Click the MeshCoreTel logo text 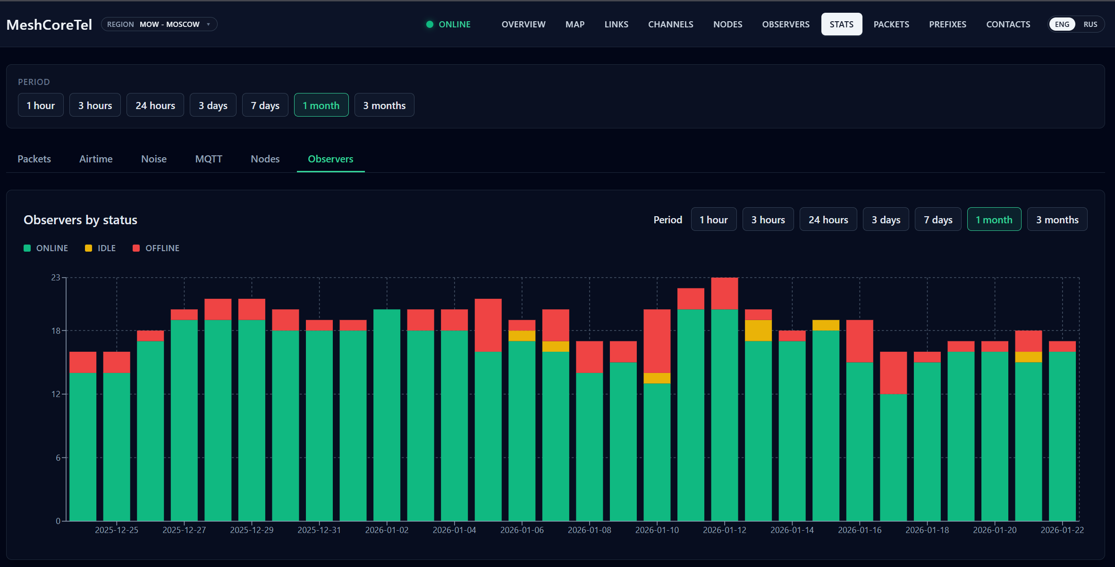(x=49, y=25)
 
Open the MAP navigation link (x=574, y=25)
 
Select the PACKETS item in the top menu (x=891, y=25)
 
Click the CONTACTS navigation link (x=1008, y=25)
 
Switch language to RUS (x=1090, y=25)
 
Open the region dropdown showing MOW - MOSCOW (x=159, y=25)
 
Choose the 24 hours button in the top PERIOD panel (x=155, y=105)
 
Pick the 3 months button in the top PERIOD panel (x=384, y=105)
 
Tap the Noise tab (x=154, y=159)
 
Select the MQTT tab (x=209, y=159)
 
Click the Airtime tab (x=96, y=159)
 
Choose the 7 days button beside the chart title (x=938, y=220)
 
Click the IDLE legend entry (x=101, y=248)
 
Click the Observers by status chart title (x=80, y=220)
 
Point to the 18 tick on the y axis (x=56, y=331)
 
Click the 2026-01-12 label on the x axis (x=725, y=530)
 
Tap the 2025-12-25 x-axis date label (x=117, y=530)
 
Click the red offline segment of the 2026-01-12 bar (x=725, y=293)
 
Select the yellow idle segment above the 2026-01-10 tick (x=657, y=378)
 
